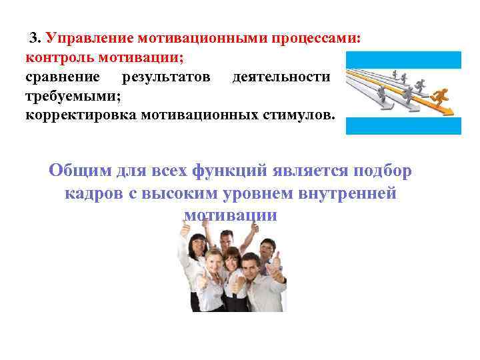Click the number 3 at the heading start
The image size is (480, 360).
[x=33, y=37]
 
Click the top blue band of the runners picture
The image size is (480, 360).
[x=403, y=59]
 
